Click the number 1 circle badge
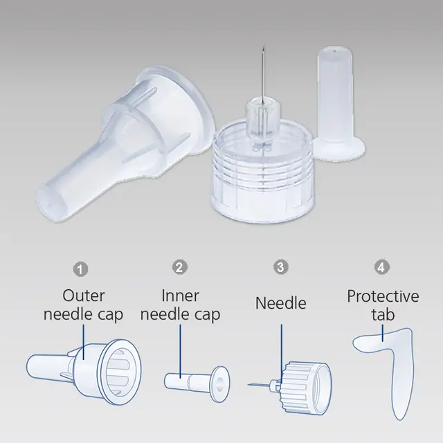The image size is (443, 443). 80,269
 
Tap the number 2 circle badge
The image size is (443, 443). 180,267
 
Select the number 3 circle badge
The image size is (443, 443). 281,267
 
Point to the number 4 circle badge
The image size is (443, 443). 381,267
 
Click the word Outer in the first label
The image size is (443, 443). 84,296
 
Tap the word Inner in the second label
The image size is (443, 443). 180,296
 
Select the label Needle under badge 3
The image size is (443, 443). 281,303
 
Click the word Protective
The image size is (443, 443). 383,296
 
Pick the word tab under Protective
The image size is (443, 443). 383,315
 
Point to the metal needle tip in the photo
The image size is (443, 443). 264,46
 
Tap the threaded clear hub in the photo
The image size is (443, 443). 263,170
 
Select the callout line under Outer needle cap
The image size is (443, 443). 84,342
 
